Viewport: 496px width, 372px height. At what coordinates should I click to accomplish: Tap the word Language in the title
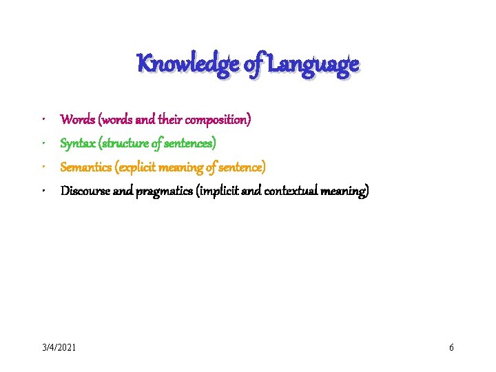313,65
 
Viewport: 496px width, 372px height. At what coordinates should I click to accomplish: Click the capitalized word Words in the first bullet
78,119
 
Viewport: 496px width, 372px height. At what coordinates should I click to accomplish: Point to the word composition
219,120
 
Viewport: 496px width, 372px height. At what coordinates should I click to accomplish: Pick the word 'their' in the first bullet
172,119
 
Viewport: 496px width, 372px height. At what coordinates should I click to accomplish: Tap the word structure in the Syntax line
125,143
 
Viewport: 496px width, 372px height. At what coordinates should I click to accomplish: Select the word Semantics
86,167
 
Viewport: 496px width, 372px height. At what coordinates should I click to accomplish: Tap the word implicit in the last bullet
218,191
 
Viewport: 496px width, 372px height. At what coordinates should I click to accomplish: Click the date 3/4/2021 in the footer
59,347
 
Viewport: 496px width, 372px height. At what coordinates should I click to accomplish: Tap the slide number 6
451,347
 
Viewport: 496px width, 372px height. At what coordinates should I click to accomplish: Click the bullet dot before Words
43,119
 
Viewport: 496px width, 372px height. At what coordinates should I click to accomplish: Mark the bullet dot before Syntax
43,143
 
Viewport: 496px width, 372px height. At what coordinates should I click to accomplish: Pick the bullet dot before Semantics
43,166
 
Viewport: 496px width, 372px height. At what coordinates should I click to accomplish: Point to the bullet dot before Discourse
43,190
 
